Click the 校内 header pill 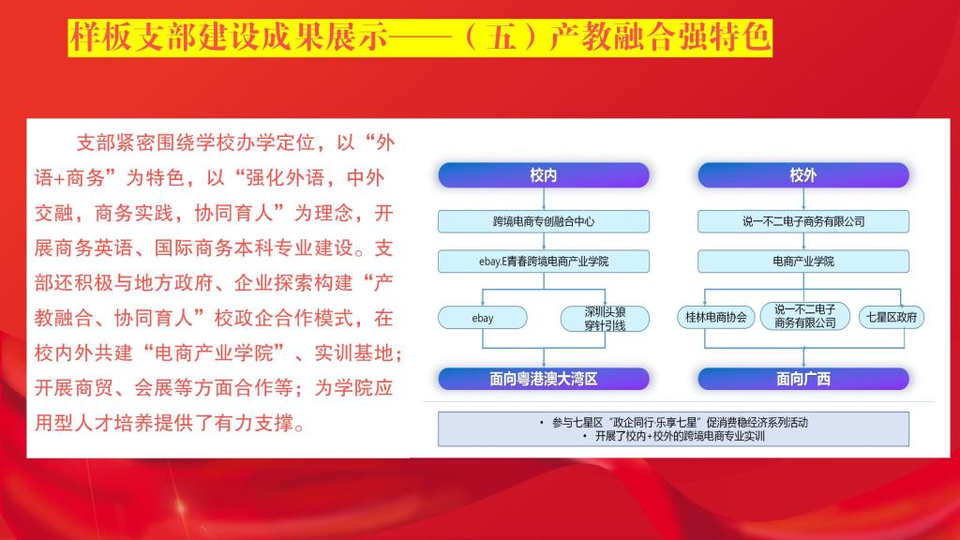point(544,175)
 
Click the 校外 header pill point(803,175)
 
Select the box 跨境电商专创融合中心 point(544,221)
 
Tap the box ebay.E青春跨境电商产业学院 point(544,262)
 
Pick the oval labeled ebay point(483,318)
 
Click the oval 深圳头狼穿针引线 point(605,319)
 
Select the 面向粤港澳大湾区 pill point(544,379)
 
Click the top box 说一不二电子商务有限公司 point(803,221)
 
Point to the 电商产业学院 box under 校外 point(803,262)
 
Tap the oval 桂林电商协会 point(715,317)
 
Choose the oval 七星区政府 point(892,317)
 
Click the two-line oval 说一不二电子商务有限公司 point(804,316)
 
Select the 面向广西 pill point(803,379)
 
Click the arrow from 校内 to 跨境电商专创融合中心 point(544,199)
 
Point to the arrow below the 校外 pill point(803,199)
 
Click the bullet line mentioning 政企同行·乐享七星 point(673,423)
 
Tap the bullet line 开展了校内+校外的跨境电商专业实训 point(673,437)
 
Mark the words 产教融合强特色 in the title point(659,37)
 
